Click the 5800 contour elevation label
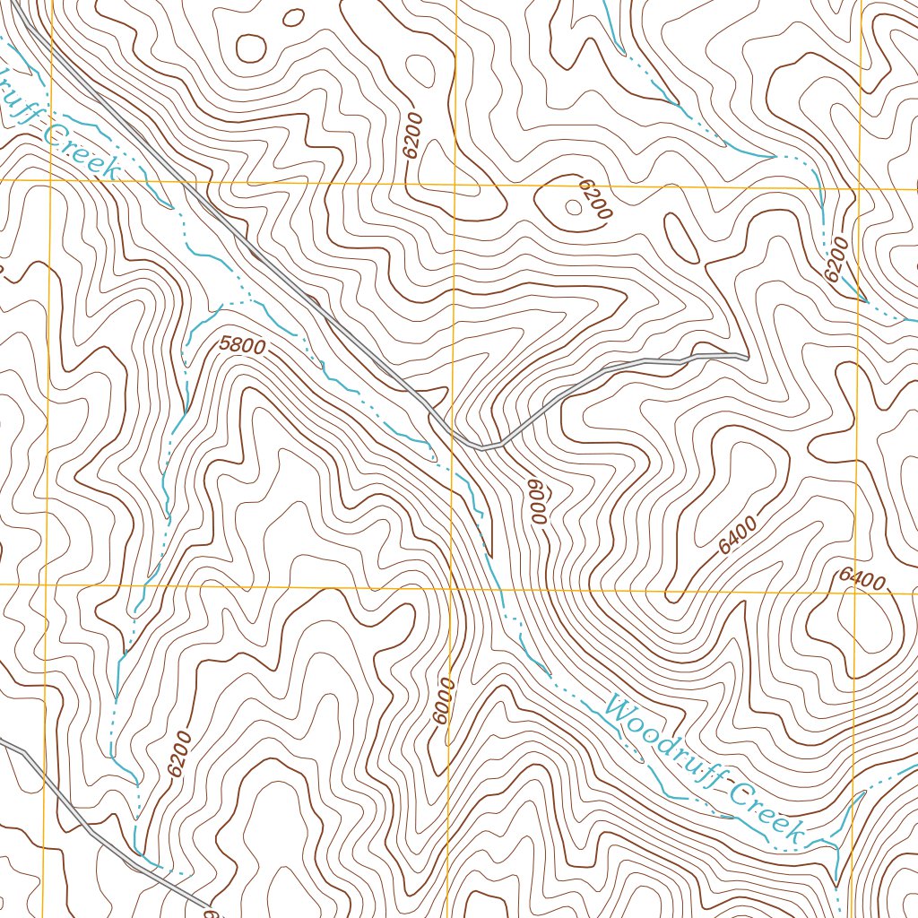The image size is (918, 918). click(x=242, y=344)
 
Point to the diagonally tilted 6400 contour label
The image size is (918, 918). click(x=738, y=534)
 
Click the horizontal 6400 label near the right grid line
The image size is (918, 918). click(x=862, y=580)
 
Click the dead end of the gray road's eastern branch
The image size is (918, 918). click(x=745, y=358)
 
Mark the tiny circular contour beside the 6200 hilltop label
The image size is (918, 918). click(x=573, y=207)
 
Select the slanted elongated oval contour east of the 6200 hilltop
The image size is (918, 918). click(x=681, y=236)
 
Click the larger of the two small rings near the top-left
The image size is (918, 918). click(x=251, y=48)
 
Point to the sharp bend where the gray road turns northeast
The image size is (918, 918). click(x=484, y=446)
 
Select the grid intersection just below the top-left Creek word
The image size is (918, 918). click(x=50, y=180)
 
